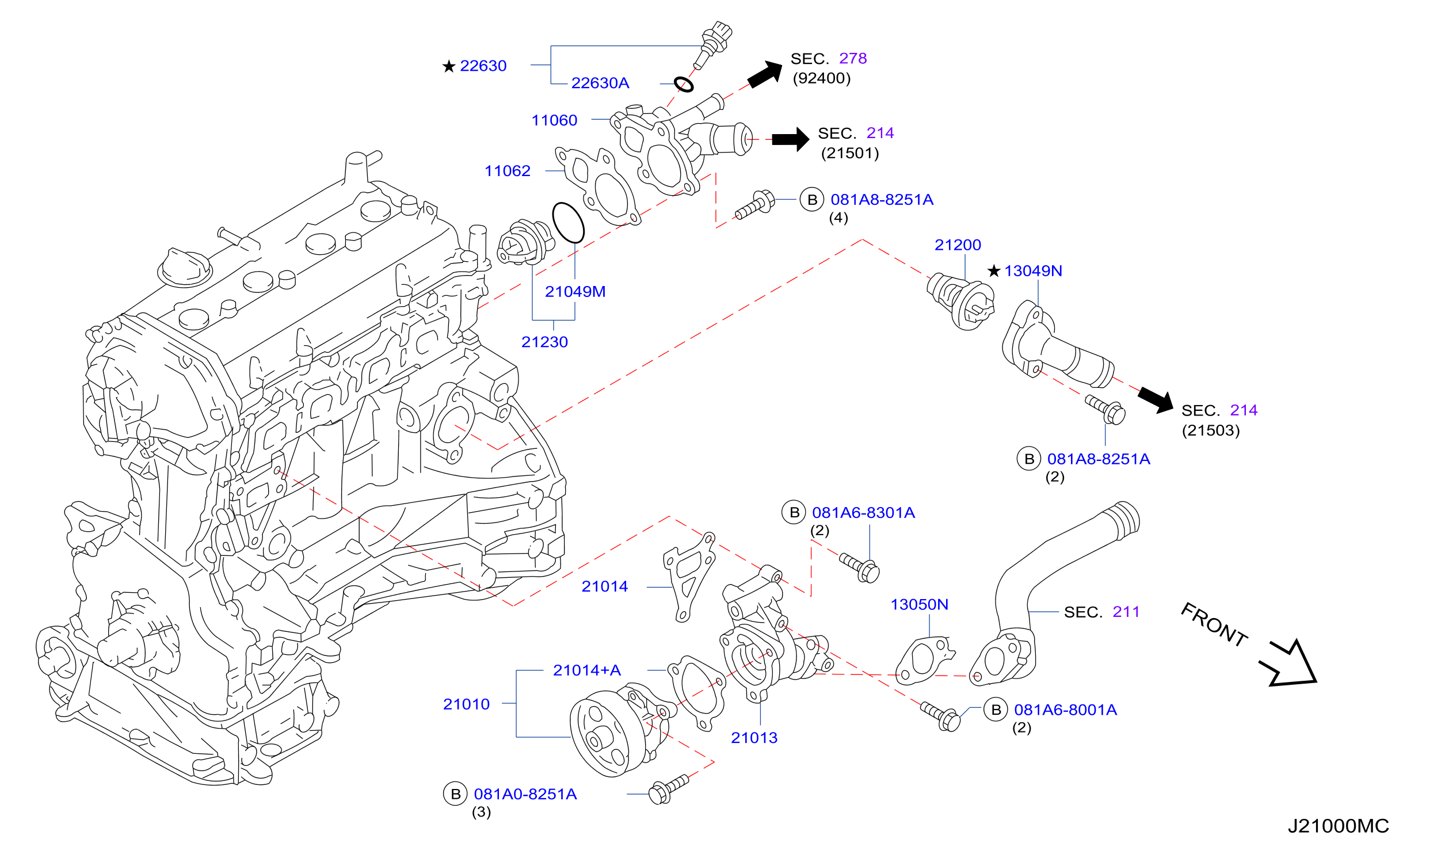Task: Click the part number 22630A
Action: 600,83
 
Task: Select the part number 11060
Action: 554,120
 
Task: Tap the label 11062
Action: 508,171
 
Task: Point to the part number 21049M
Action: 575,292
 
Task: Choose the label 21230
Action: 544,342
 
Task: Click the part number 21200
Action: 958,245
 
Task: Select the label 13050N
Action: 920,605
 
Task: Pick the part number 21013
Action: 754,738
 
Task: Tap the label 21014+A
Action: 587,670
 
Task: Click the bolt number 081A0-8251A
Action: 525,795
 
